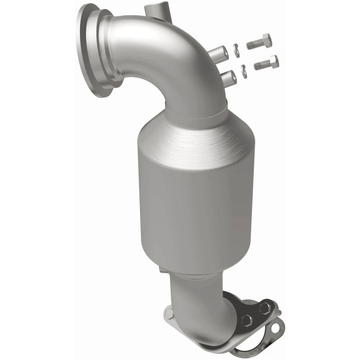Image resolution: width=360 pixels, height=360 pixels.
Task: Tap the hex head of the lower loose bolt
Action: [x=272, y=61]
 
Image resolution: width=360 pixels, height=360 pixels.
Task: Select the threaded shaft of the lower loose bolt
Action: [x=261, y=66]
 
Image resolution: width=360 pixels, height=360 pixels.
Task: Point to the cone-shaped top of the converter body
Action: [x=189, y=139]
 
